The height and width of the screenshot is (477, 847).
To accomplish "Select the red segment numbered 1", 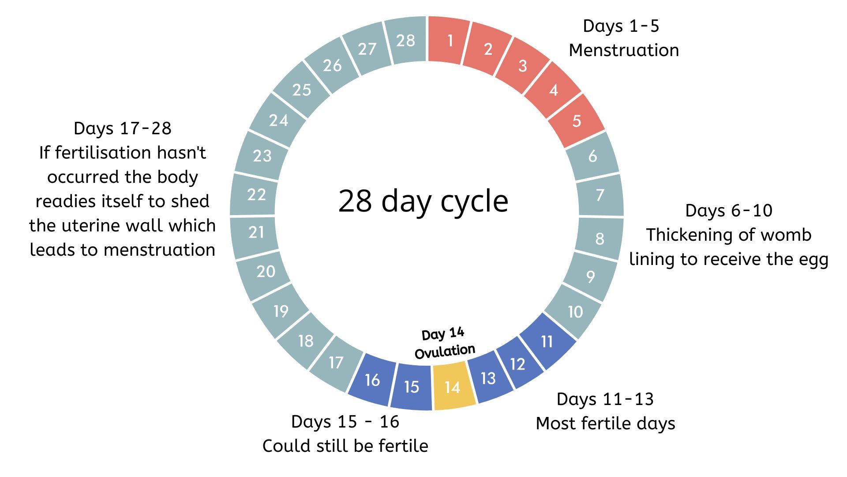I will click(449, 41).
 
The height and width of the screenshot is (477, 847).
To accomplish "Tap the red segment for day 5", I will click(576, 121).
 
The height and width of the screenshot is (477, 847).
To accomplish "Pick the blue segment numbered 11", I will click(547, 341).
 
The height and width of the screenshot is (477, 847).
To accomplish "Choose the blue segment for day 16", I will click(372, 380).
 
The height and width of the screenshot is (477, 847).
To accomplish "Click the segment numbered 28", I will click(405, 41).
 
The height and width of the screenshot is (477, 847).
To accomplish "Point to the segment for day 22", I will click(256, 194).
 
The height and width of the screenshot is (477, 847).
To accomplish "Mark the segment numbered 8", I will click(599, 238).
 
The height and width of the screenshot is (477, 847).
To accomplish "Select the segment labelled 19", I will click(281, 311).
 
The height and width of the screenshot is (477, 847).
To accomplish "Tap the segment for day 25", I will click(302, 90).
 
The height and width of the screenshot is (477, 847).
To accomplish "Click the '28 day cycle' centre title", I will click(423, 201).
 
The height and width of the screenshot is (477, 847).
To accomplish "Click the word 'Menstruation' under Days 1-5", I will click(624, 50).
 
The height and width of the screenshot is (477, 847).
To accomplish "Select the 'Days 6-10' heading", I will click(729, 210).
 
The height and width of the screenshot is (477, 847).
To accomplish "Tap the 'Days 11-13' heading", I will click(605, 399).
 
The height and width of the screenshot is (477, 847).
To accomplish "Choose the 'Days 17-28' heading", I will click(122, 128).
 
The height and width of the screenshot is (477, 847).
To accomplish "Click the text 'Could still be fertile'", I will click(345, 446).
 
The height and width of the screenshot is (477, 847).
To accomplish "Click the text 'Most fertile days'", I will click(605, 423).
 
